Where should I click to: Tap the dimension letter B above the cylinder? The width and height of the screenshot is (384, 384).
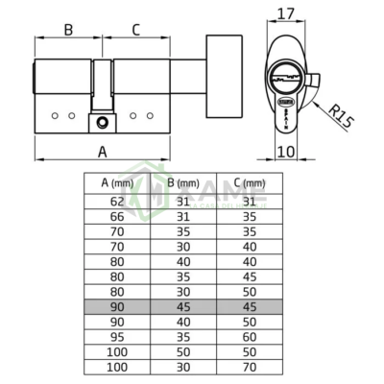coord(68,29)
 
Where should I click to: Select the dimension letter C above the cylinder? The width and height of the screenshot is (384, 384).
coord(134,29)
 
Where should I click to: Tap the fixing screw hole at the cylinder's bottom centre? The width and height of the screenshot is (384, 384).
coord(103,122)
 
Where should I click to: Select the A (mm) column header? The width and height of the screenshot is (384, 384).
coord(117,181)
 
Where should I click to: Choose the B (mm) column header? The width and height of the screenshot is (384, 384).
coord(183,181)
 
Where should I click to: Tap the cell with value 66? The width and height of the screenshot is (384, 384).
coord(117,216)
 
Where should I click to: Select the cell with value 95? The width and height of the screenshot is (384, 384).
coord(117,337)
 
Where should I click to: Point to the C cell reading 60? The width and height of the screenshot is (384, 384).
coord(250,337)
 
